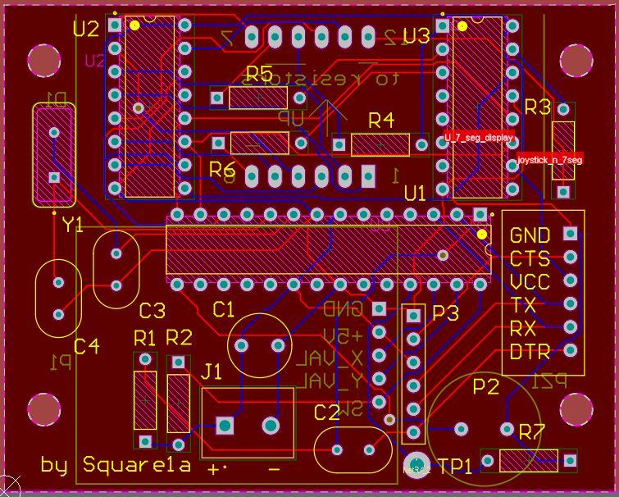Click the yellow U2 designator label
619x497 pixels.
click(86, 30)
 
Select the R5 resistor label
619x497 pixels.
click(259, 74)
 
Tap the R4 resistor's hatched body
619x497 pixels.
click(380, 145)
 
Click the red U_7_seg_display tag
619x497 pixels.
click(479, 138)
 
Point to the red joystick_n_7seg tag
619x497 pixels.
click(550, 160)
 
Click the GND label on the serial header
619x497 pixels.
click(530, 235)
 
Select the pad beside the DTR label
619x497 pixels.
click(570, 351)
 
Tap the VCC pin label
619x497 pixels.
click(530, 282)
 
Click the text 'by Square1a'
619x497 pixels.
click(116, 465)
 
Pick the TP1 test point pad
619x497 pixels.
click(416, 464)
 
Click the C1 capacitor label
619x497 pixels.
click(223, 309)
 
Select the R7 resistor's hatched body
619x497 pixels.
click(528, 460)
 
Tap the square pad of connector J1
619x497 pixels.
click(224, 425)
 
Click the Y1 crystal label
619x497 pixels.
click(73, 225)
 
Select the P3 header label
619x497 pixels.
click(446, 313)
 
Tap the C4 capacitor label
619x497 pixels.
click(86, 346)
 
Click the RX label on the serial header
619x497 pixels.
click(523, 329)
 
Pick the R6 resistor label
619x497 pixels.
click(222, 170)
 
